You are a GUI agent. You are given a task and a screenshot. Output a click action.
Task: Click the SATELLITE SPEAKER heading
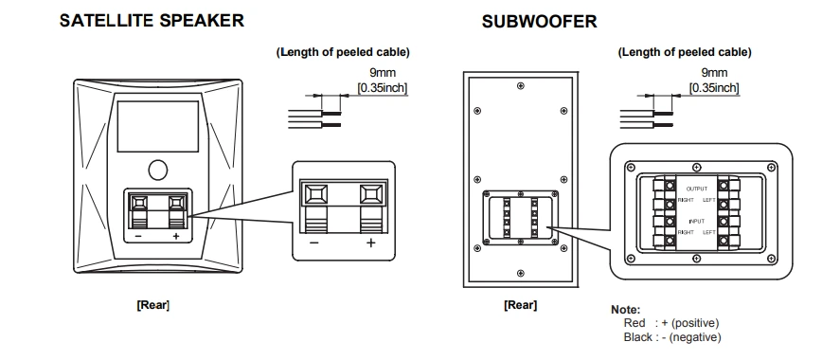click(152, 20)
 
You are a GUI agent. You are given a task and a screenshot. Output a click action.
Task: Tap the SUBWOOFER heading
click(539, 22)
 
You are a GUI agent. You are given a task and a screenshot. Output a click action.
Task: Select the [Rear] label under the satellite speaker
click(152, 305)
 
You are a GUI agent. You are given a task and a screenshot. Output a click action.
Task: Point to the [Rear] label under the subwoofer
click(520, 305)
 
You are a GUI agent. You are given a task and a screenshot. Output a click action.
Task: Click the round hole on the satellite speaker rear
click(157, 170)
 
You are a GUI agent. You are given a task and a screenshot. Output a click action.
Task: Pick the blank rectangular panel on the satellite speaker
click(158, 126)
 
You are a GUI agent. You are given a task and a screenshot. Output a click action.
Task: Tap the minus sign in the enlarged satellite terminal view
click(313, 243)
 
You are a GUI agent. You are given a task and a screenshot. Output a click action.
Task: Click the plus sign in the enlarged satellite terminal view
click(370, 243)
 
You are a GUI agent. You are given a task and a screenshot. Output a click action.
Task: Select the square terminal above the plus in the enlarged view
click(372, 194)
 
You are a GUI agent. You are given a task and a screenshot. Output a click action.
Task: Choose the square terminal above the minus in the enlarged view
click(315, 194)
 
